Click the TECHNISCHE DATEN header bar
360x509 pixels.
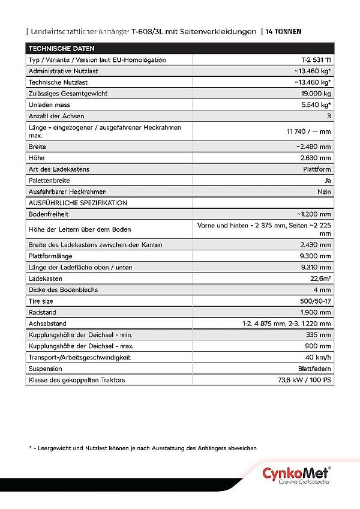(180, 49)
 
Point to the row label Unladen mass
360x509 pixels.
(49, 104)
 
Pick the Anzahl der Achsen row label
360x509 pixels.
(56, 116)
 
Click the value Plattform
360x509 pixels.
(317, 169)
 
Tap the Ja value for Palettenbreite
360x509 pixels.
(327, 180)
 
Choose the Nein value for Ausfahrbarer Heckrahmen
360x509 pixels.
(324, 191)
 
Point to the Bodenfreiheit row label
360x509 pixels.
(47, 214)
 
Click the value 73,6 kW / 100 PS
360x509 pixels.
(304, 380)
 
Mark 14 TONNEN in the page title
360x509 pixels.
(284, 31)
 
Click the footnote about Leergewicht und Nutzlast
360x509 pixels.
(143, 448)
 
